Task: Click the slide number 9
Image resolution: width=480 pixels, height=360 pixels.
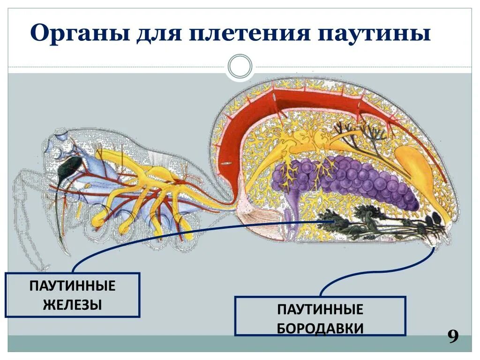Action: pyautogui.click(x=453, y=337)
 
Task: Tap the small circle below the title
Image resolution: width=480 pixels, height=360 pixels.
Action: pyautogui.click(x=240, y=67)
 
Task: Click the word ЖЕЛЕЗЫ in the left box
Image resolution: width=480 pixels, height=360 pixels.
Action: pyautogui.click(x=73, y=305)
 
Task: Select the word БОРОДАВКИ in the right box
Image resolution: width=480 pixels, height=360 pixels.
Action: pyautogui.click(x=320, y=328)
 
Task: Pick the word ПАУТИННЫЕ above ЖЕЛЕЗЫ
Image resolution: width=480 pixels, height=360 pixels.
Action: pyautogui.click(x=73, y=286)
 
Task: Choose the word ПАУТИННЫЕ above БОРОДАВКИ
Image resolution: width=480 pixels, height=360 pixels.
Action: pyautogui.click(x=320, y=309)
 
